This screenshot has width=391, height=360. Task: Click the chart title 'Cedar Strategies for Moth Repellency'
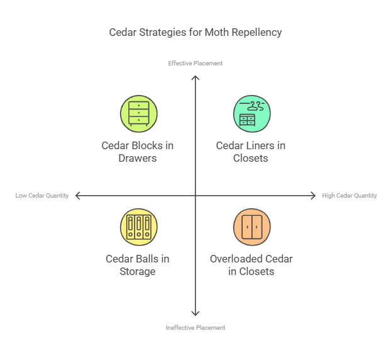[195, 32]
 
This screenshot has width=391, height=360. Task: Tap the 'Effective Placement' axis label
[195, 63]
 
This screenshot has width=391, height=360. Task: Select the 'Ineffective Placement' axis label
[195, 327]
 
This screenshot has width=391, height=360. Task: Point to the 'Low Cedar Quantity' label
[42, 196]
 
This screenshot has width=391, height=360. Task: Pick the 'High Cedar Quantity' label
[350, 196]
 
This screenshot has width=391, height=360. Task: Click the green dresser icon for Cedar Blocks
[138, 113]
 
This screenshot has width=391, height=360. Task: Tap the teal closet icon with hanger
[251, 113]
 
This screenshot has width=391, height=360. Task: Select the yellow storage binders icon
[138, 227]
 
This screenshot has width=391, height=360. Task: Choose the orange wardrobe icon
[251, 227]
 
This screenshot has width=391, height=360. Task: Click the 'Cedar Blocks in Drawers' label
[138, 152]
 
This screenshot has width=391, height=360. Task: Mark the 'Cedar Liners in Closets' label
[251, 152]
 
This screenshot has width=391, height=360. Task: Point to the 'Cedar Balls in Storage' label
[138, 265]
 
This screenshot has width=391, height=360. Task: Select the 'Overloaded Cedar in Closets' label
[251, 265]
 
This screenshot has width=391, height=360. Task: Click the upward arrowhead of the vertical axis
[196, 77]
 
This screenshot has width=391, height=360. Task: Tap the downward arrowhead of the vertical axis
[196, 313]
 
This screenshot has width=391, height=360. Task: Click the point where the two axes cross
[196, 196]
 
